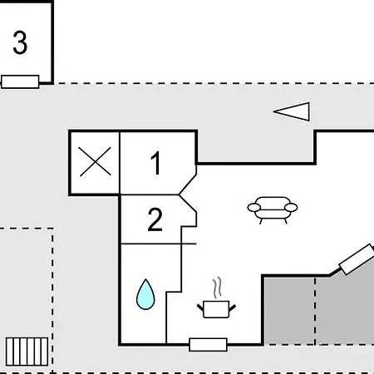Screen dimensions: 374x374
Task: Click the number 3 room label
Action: pyautogui.click(x=20, y=42)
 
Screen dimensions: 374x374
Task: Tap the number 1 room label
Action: pyautogui.click(x=156, y=163)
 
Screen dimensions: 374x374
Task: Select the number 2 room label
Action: pyautogui.click(x=155, y=219)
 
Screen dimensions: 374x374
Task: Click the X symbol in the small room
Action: pyautogui.click(x=95, y=162)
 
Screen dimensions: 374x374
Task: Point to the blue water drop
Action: pyautogui.click(x=145, y=294)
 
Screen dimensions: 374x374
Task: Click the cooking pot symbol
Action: pyautogui.click(x=216, y=309)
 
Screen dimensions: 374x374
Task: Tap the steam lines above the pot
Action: pyautogui.click(x=217, y=288)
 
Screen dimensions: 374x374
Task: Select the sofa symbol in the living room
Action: pyautogui.click(x=273, y=210)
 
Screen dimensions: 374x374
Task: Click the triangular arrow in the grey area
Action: pyautogui.click(x=292, y=111)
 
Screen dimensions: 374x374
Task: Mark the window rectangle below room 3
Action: pyautogui.click(x=20, y=81)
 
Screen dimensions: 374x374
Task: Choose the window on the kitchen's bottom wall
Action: pyautogui.click(x=208, y=345)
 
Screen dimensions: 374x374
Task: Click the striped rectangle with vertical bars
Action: pyautogui.click(x=27, y=352)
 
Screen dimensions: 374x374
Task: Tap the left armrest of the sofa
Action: pyautogui.click(x=254, y=207)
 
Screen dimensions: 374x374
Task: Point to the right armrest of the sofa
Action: pyautogui.click(x=291, y=207)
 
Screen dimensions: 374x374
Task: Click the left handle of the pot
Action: pyautogui.click(x=200, y=308)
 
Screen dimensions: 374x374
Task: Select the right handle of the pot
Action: pyautogui.click(x=232, y=308)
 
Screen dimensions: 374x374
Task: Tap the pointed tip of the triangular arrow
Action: pyautogui.click(x=273, y=111)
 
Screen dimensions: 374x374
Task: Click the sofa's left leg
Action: pyautogui.click(x=261, y=221)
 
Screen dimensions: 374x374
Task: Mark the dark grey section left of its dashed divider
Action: pyautogui.click(x=289, y=311)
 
